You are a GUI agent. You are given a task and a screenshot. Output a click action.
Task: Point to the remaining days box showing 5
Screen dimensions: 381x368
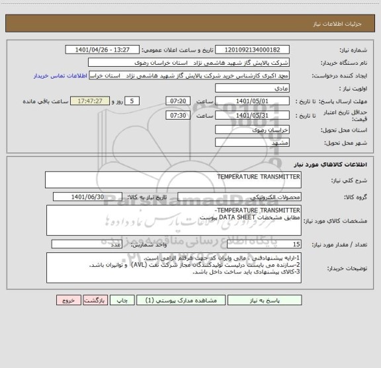coord(132,101)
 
